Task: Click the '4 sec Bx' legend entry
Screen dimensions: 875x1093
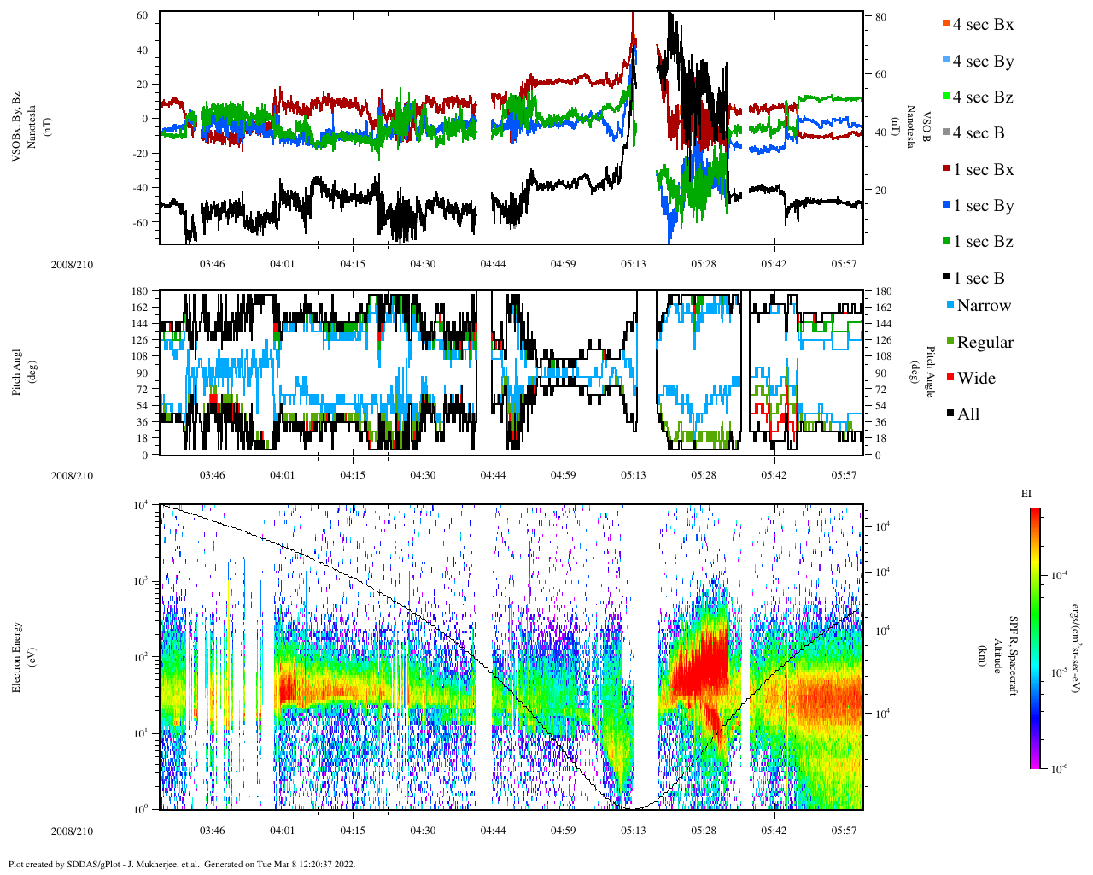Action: point(982,25)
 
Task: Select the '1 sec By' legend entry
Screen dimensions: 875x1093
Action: point(982,206)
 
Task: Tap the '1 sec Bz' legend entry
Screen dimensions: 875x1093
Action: point(982,242)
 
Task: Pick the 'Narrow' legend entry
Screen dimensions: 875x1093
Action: point(983,306)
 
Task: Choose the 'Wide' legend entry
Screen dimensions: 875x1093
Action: point(976,379)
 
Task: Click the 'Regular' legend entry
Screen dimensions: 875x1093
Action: point(985,343)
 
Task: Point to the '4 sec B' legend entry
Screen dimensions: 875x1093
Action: point(978,133)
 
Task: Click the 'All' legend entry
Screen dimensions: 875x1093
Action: point(967,414)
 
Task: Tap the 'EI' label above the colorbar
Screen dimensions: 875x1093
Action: point(1026,494)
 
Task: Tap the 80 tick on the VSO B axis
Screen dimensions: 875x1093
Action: point(880,17)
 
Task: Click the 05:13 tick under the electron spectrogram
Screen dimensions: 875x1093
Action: point(633,831)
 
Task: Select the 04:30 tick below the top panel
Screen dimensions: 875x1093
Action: point(422,264)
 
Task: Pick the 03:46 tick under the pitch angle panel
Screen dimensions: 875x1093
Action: point(212,475)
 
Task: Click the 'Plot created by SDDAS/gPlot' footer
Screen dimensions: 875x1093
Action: point(181,864)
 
